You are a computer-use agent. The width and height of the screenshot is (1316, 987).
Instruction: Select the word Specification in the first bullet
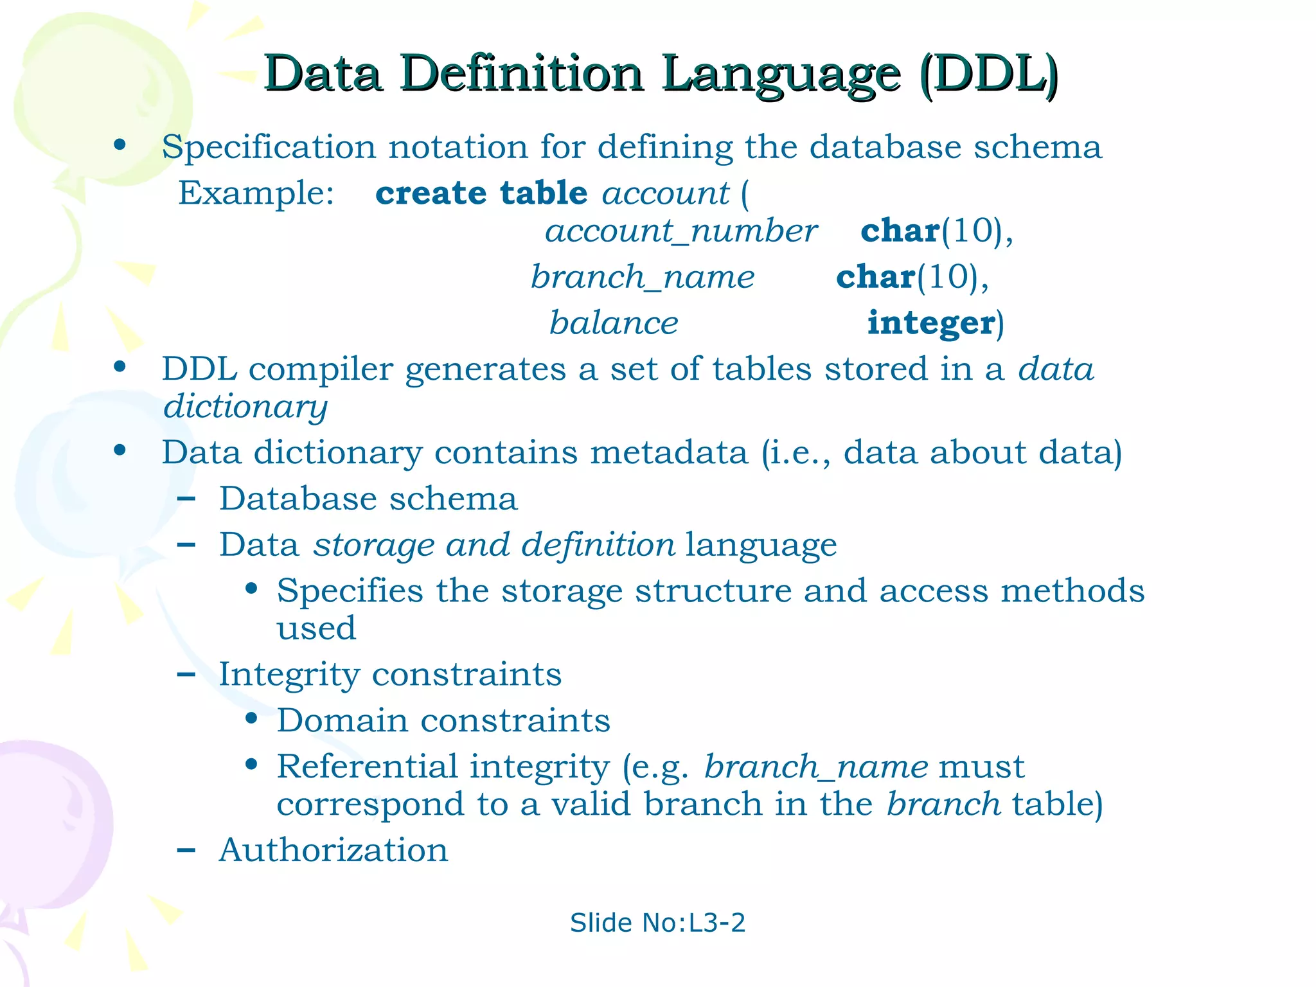tap(269, 147)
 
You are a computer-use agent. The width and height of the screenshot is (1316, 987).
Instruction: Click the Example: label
tap(256, 193)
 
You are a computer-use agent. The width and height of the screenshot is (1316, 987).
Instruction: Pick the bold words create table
tap(481, 193)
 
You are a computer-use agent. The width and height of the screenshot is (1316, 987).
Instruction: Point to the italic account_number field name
tap(680, 231)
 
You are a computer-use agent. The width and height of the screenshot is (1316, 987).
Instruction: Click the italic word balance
tap(614, 323)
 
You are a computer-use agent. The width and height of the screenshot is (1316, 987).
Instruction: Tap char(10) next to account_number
tap(936, 231)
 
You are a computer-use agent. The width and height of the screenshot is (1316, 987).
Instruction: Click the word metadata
tap(669, 452)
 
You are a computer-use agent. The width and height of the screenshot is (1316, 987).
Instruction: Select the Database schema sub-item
tap(368, 499)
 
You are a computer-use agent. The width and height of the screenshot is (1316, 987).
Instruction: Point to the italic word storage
tap(373, 546)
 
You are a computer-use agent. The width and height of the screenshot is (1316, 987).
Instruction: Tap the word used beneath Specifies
tap(316, 628)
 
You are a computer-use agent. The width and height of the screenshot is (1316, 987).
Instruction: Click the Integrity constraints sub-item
tap(390, 675)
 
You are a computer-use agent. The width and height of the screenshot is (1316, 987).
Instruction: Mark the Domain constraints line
tap(443, 720)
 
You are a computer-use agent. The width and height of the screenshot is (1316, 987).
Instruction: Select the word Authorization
tap(333, 850)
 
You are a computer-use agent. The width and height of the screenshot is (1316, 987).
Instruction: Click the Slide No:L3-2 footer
tap(657, 923)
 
